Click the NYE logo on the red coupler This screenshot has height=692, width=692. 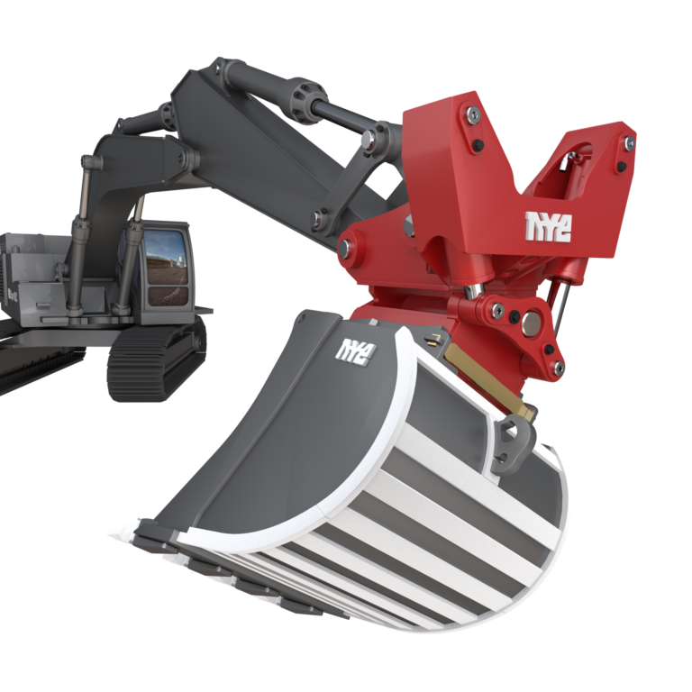pyautogui.click(x=548, y=227)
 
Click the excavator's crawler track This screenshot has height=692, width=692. pyautogui.click(x=156, y=358)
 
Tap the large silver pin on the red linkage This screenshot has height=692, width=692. pyautogui.click(x=531, y=323)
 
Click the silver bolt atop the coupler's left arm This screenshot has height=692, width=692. pyautogui.click(x=471, y=114)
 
